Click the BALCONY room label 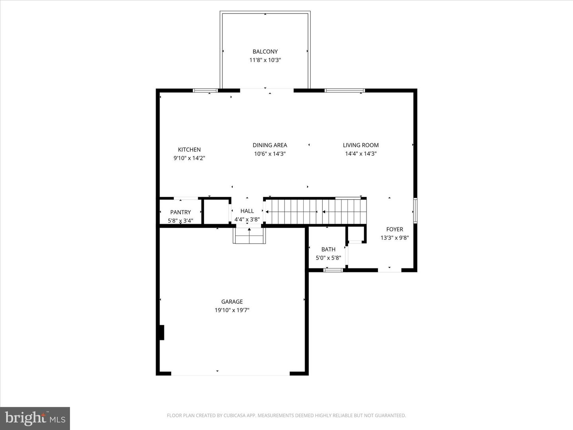coord(265,51)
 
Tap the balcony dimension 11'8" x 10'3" coord(265,60)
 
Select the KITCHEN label coord(189,149)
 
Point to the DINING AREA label coord(270,145)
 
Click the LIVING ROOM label coord(361,145)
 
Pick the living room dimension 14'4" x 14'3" coord(361,154)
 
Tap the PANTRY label coord(180,212)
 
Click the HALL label coord(247,211)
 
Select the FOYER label coord(394,229)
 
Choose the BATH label coord(328,249)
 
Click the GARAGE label coord(232,301)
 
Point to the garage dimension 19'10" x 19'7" coord(232,310)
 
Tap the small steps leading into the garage coord(249,236)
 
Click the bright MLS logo coord(35,418)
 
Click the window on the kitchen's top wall coord(205,90)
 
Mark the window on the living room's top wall coord(345,90)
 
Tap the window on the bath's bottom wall coord(333,270)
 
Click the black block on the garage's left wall coord(161,332)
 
